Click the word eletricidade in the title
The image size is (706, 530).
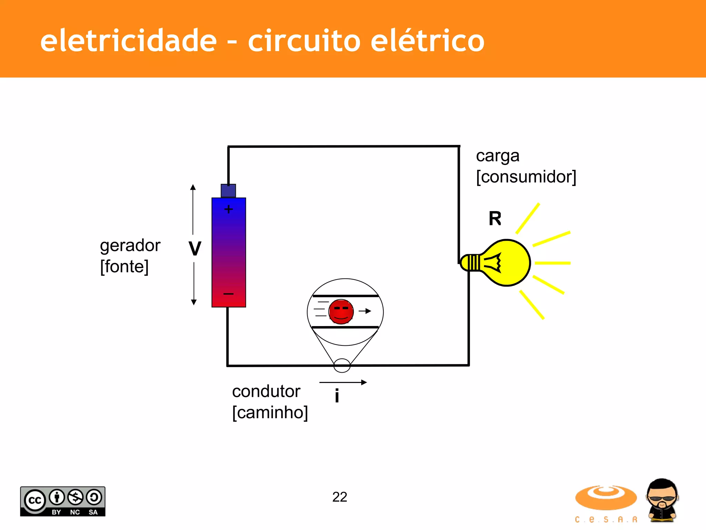click(x=128, y=41)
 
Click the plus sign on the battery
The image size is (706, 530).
click(x=229, y=209)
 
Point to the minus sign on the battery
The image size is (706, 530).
click(x=229, y=294)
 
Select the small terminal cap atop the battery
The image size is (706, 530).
click(x=228, y=190)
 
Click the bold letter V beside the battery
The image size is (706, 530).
click(x=195, y=248)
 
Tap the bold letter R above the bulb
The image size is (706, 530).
click(x=495, y=218)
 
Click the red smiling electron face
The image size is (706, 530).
click(x=341, y=312)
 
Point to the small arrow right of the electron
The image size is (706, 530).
click(x=365, y=311)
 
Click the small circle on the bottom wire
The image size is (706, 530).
click(x=342, y=365)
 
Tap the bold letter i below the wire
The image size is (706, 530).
click(x=337, y=395)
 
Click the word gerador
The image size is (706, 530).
click(x=130, y=246)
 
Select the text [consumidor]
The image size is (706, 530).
click(x=526, y=177)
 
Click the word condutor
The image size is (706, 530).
click(x=266, y=391)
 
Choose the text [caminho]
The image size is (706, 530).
click(x=270, y=412)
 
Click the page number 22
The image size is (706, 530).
click(x=340, y=497)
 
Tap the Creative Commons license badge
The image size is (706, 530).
click(x=63, y=501)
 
